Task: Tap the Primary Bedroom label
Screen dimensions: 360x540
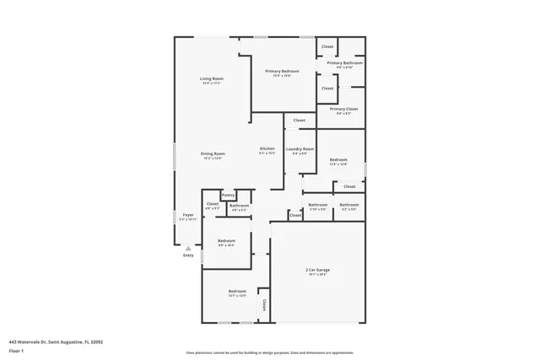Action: click(278, 72)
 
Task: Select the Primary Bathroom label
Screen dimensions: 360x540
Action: click(345, 63)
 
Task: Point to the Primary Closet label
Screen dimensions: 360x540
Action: click(343, 109)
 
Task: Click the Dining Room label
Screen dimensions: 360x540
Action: click(213, 153)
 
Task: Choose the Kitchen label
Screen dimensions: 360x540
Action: click(267, 148)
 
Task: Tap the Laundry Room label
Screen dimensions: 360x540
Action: click(300, 149)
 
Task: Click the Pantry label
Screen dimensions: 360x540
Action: click(228, 196)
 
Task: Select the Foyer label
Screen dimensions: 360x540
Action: click(188, 216)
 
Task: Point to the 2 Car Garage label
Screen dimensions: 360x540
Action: click(317, 270)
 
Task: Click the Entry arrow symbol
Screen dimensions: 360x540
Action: click(188, 248)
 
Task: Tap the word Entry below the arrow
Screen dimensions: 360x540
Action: click(188, 255)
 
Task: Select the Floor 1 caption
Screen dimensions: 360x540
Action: click(17, 350)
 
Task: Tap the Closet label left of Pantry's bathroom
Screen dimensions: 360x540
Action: click(213, 203)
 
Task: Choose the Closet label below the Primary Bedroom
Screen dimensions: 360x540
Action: click(300, 121)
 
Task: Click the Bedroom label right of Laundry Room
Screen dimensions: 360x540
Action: click(338, 159)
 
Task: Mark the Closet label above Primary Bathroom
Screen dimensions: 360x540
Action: click(327, 46)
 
